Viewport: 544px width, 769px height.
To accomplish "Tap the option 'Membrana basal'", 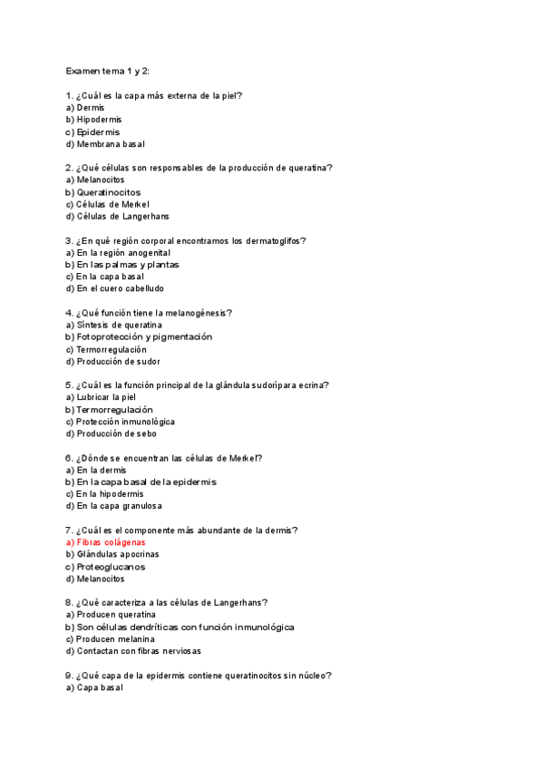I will pyautogui.click(x=111, y=143).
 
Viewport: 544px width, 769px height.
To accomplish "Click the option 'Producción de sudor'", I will pyautogui.click(x=118, y=361).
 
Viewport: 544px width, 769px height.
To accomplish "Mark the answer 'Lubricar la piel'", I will pyautogui.click(x=106, y=397).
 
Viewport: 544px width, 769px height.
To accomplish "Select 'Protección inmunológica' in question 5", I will pyautogui.click(x=125, y=422).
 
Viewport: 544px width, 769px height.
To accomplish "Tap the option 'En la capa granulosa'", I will pyautogui.click(x=119, y=506).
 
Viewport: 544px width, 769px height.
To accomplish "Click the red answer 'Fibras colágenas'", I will pyautogui.click(x=112, y=542).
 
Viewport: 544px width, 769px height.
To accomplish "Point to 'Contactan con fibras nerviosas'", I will pyautogui.click(x=139, y=651).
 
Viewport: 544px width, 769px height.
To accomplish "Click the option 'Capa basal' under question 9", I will pyautogui.click(x=100, y=687).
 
